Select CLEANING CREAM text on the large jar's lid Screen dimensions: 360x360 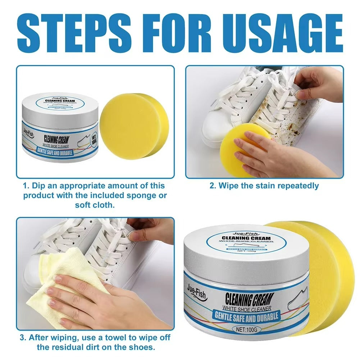pos(246,238)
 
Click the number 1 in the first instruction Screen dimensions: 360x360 pos(25,186)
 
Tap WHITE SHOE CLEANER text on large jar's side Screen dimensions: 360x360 pos(246,307)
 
